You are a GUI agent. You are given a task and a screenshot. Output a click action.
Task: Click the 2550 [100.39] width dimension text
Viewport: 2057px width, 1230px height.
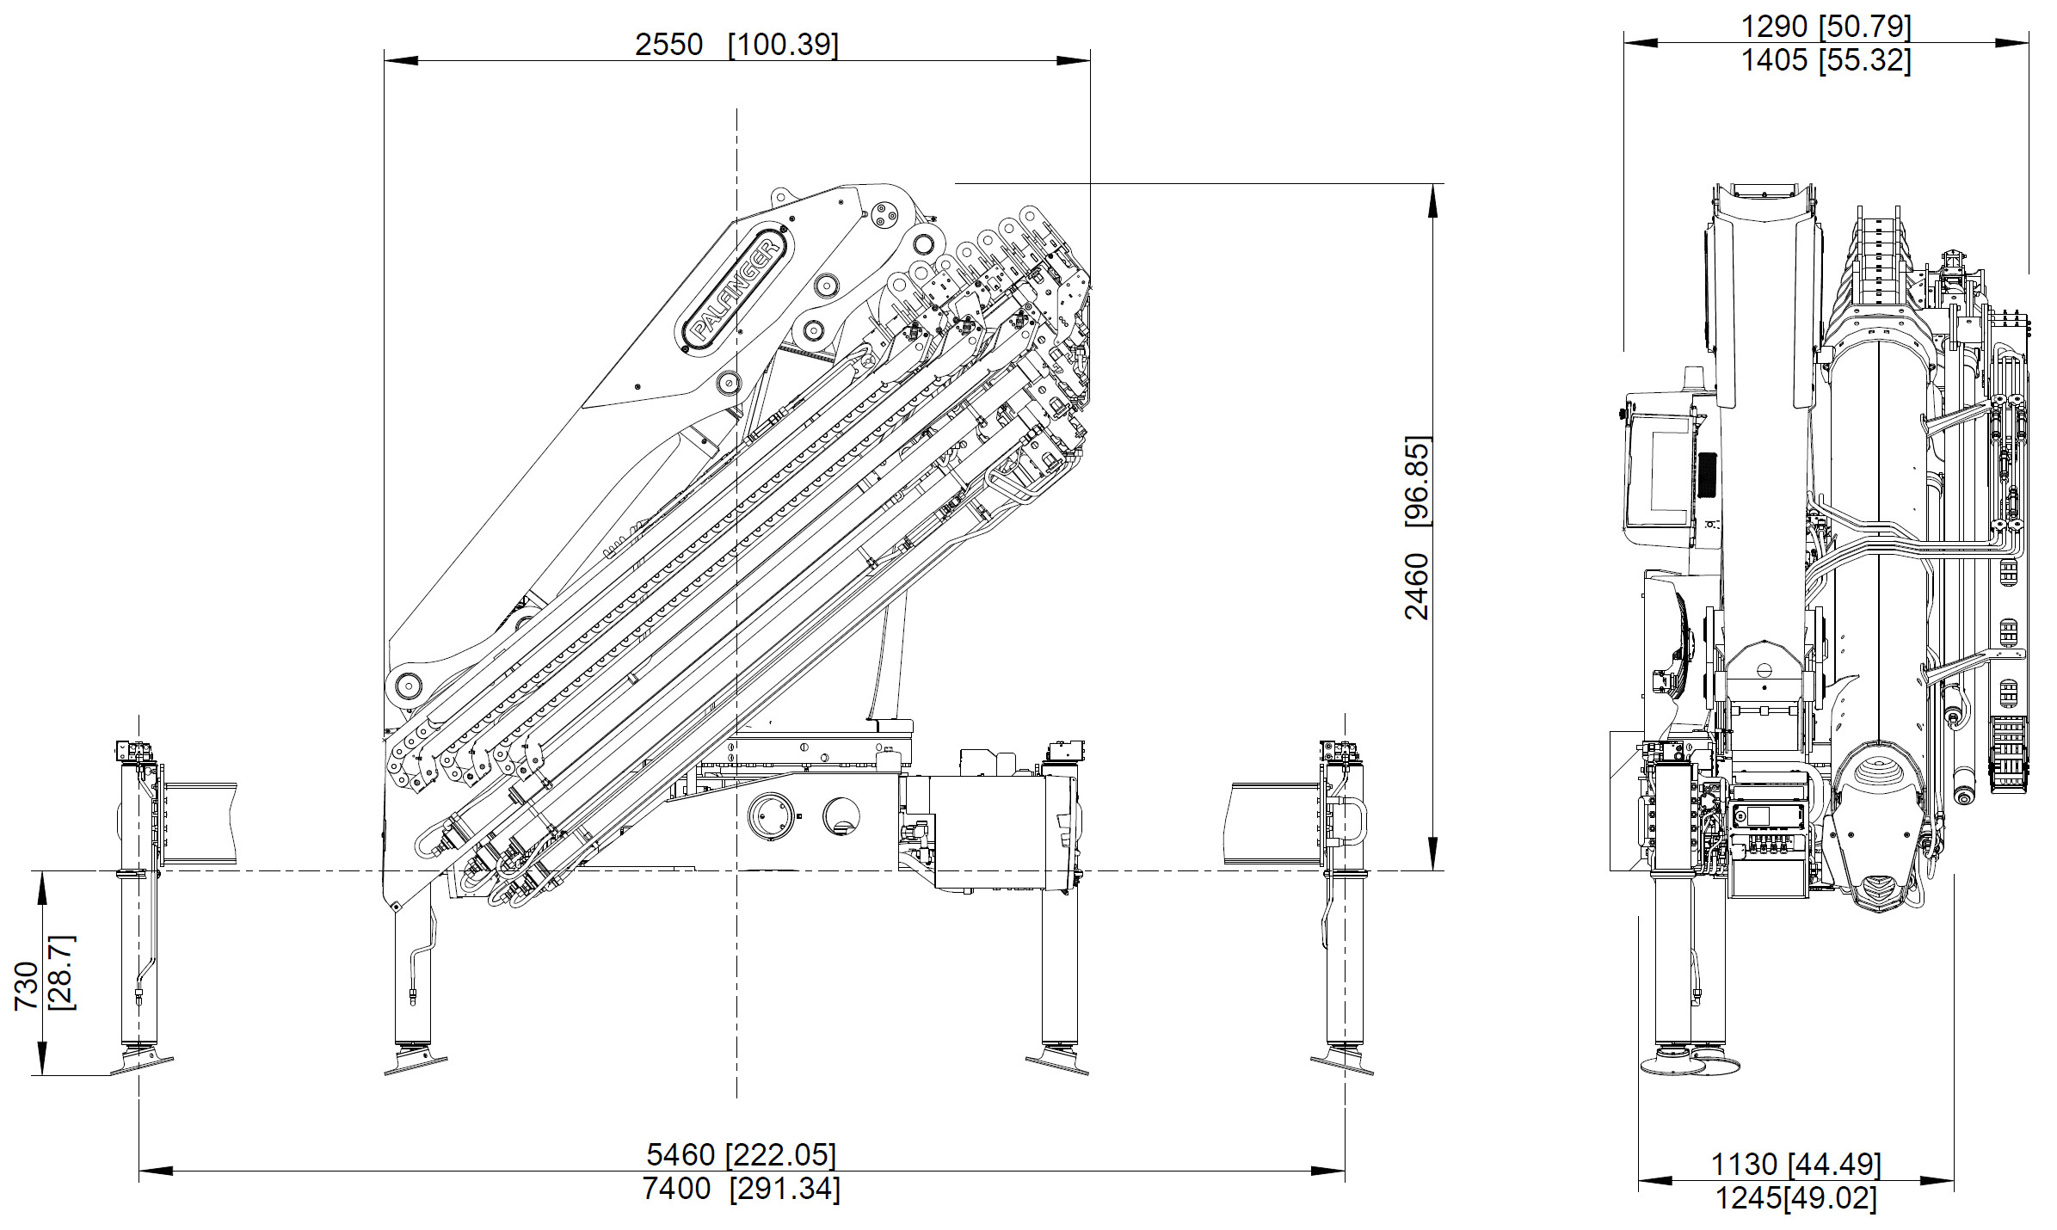tap(736, 44)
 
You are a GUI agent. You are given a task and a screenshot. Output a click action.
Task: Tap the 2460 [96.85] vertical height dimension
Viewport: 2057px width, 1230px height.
tap(1417, 527)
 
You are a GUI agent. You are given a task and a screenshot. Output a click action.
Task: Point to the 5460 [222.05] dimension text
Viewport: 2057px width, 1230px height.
tap(741, 1153)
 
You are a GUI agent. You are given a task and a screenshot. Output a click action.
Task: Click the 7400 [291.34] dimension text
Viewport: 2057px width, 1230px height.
tap(741, 1190)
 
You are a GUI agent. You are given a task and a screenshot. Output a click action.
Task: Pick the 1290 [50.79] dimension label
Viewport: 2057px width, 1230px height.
tap(1826, 27)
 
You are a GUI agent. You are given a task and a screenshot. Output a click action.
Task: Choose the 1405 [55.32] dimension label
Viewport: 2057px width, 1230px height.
tap(1826, 60)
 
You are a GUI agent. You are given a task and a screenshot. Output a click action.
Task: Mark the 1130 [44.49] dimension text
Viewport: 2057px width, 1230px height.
tap(1795, 1164)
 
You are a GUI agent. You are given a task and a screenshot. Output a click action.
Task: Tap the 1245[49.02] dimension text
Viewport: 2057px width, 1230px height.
tap(1795, 1198)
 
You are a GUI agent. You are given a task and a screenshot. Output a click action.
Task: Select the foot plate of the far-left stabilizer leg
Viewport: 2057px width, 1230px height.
tap(142, 1063)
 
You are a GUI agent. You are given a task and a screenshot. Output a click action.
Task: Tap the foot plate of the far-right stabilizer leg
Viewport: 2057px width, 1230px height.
tap(1342, 1063)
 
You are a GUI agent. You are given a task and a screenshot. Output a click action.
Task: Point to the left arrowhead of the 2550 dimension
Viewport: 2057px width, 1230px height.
tap(401, 60)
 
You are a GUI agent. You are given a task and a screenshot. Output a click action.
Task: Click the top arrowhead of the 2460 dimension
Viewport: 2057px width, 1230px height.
tap(1433, 200)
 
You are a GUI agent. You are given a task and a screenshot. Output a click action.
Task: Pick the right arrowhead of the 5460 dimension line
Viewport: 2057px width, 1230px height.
tap(1328, 1171)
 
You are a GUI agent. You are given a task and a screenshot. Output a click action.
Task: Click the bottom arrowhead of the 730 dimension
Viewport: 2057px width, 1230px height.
tap(41, 1059)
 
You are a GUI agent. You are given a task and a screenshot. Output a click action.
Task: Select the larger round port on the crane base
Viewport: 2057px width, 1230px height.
tap(771, 816)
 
